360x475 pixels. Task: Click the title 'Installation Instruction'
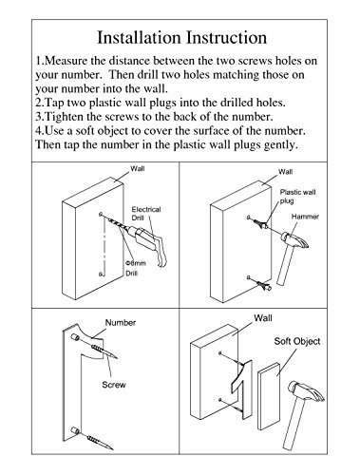[181, 38]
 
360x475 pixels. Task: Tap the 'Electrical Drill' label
[146, 214]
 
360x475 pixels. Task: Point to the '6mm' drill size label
[136, 263]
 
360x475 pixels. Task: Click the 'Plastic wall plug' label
[297, 197]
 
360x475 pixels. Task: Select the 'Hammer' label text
[305, 217]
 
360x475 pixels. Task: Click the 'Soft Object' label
[297, 341]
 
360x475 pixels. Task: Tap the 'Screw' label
[114, 385]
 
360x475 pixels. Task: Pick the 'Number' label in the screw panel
[121, 322]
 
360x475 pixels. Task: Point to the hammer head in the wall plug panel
[295, 240]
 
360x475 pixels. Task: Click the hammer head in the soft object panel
[306, 391]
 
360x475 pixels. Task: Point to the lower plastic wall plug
[263, 285]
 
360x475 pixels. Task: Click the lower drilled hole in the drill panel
[101, 274]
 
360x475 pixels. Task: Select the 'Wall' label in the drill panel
[138, 169]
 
